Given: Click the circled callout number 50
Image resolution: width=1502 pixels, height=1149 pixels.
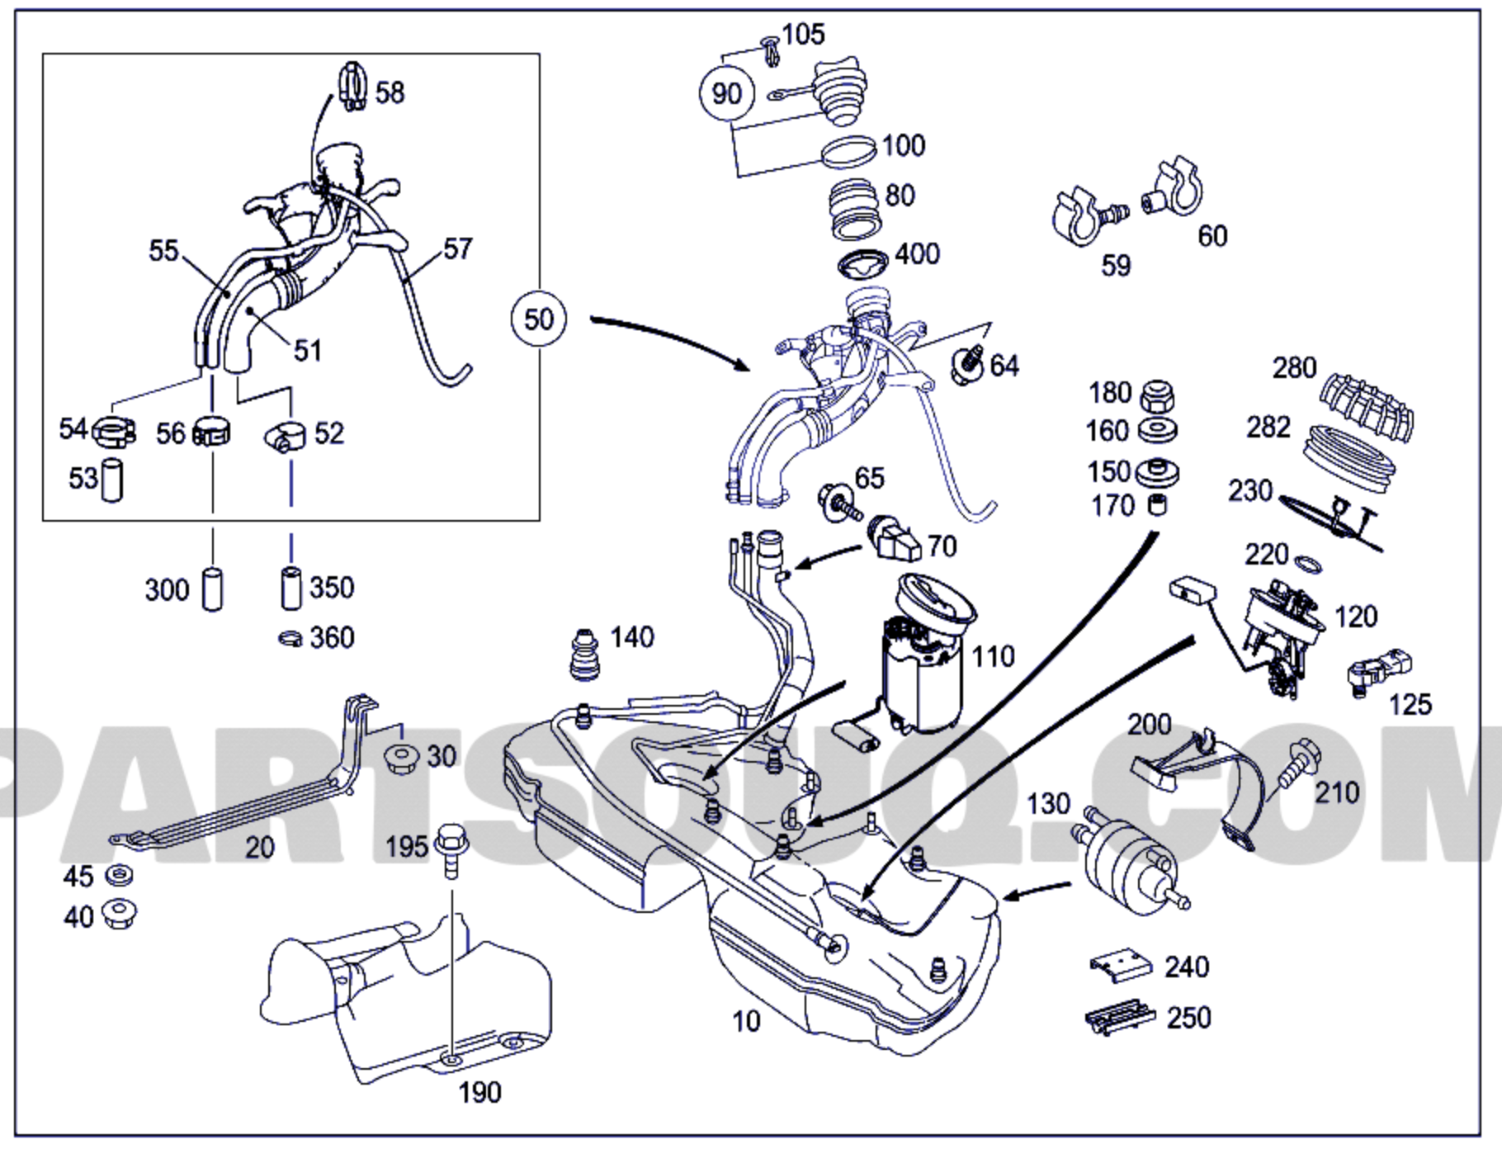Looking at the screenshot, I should tap(538, 319).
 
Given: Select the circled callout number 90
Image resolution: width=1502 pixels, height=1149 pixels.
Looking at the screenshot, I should tap(726, 93).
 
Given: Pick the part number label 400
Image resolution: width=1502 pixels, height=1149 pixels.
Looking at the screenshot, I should tap(917, 254).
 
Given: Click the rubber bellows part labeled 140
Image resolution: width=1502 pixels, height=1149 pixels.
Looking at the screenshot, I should tap(585, 655).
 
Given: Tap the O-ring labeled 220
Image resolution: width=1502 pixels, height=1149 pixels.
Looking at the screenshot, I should tap(1306, 565).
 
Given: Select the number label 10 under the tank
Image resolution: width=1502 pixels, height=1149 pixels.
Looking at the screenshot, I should tap(746, 1022).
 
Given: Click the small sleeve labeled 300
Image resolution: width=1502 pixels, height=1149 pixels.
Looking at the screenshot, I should tap(212, 589).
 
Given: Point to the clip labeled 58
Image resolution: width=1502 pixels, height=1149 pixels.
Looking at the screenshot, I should tap(352, 87).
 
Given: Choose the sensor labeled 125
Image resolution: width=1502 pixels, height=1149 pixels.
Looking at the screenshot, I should tap(1377, 673).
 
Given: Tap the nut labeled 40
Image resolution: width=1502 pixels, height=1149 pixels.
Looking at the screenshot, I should tap(119, 914).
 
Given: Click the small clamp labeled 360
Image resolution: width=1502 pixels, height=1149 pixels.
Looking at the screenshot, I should tap(290, 638).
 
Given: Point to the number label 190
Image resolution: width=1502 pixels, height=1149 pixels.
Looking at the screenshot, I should tap(479, 1093).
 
